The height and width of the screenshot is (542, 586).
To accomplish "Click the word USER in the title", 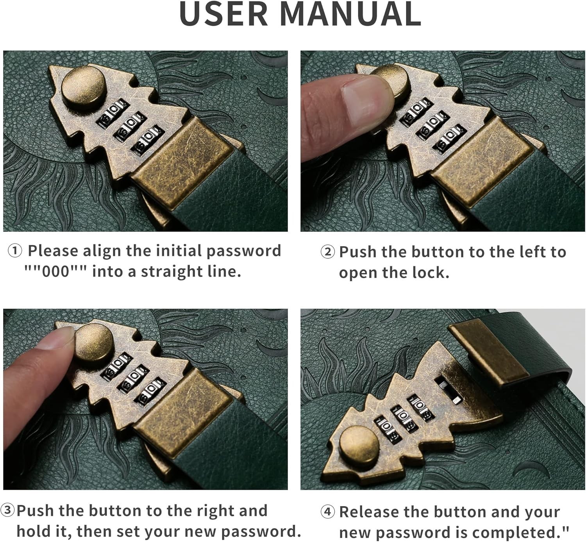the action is pos(223,14).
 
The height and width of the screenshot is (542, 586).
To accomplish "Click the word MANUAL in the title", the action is pos(350,14).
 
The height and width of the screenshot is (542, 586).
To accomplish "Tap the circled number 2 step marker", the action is pos(327,252).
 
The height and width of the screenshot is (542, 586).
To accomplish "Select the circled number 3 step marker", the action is pos(7,510).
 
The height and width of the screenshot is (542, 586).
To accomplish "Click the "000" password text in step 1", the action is pos(56,272).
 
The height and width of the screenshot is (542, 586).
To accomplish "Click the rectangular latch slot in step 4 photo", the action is pos(448,391).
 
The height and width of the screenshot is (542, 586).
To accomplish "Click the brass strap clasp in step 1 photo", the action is pos(183,162).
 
